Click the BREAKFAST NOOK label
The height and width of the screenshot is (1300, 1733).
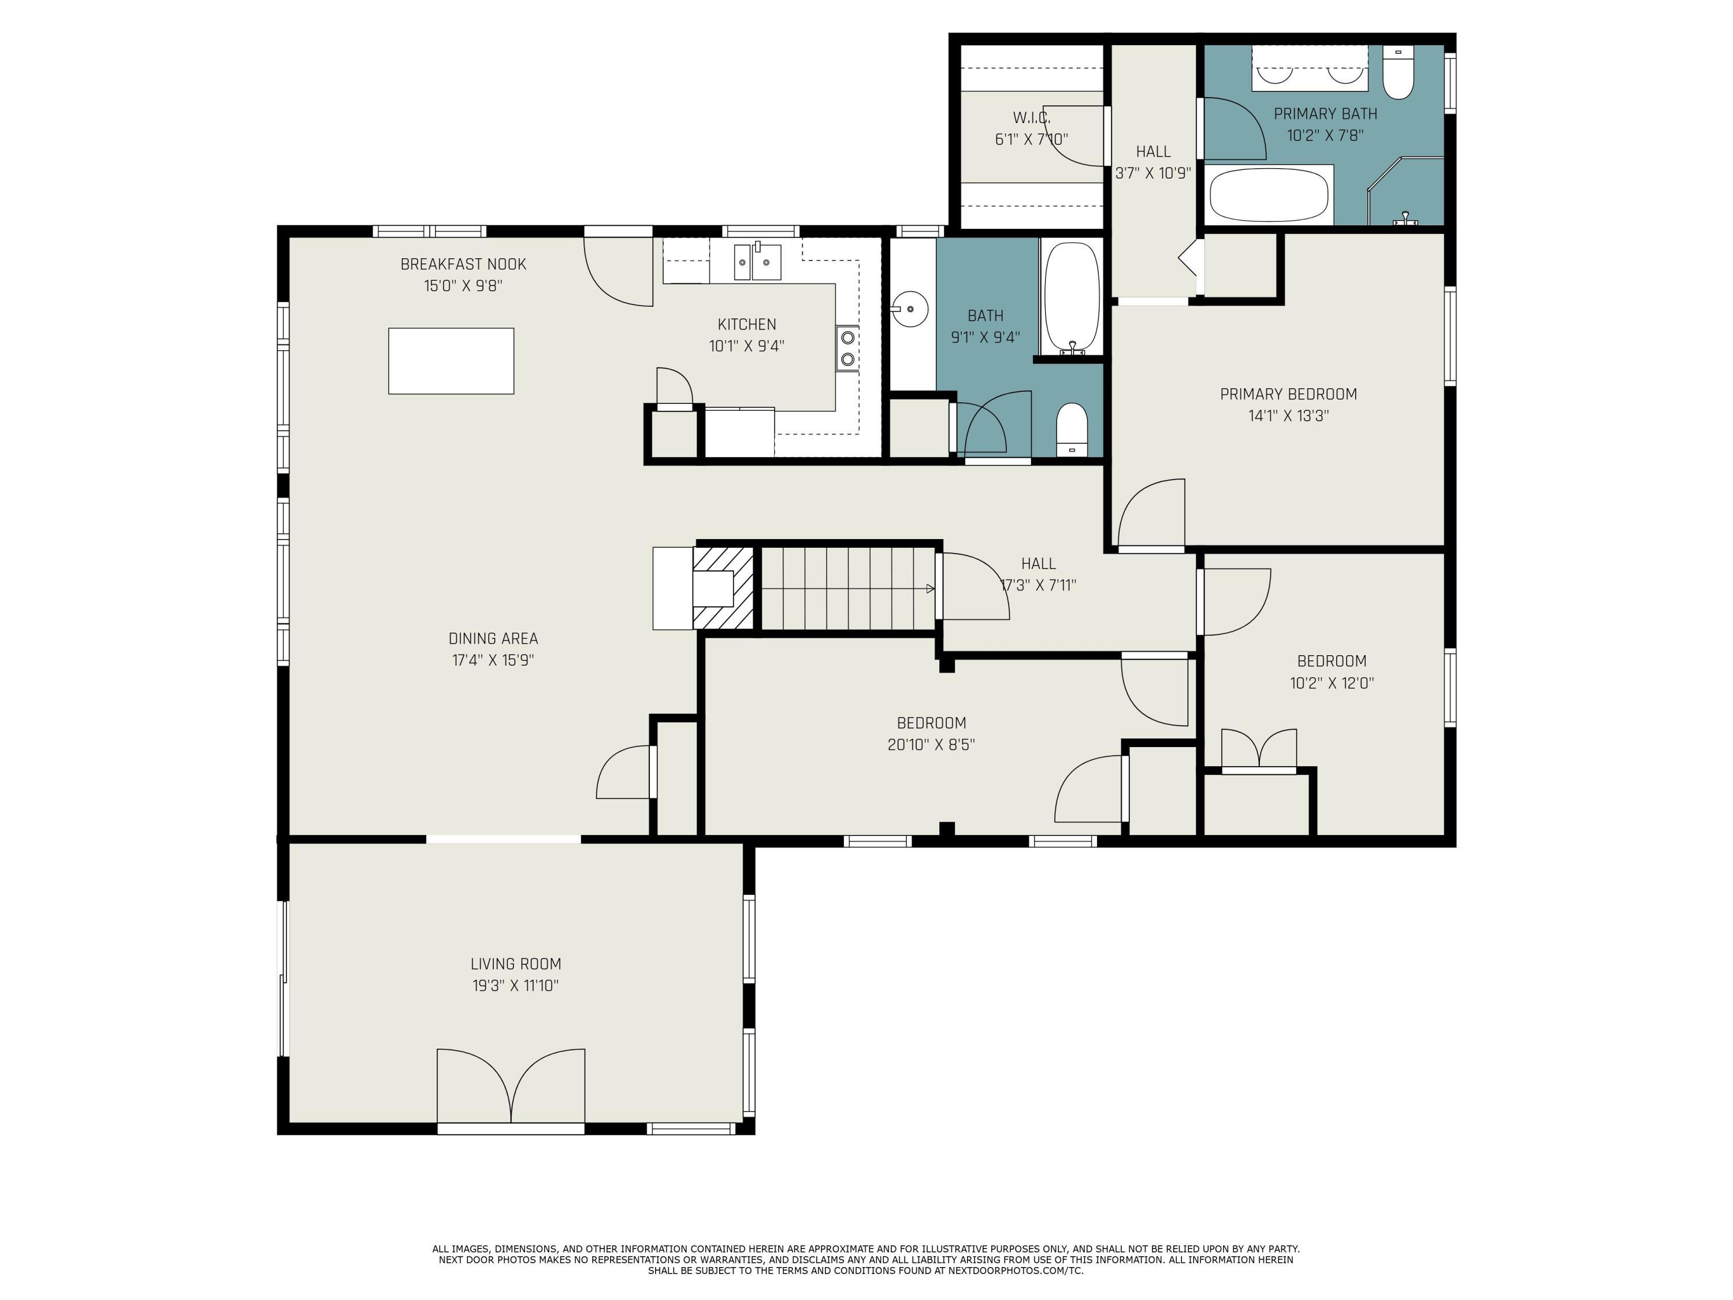pos(463,264)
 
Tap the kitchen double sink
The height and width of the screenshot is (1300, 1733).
pos(757,262)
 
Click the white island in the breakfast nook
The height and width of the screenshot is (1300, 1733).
pos(451,361)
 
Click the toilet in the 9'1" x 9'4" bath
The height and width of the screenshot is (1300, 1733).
pos(1072,429)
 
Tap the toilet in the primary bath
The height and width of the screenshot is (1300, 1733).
pos(1398,75)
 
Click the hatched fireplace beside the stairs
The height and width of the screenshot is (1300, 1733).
pos(722,588)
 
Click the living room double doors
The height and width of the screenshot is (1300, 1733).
pos(511,1087)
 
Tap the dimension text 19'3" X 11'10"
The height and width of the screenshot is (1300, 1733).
pos(515,986)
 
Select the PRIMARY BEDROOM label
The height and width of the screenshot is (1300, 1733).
pos(1288,394)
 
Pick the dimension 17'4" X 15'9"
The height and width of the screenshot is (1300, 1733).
pos(493,660)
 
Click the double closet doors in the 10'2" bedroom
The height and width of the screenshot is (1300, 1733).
pos(1259,750)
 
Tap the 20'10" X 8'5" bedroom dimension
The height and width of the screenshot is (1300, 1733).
pos(931,744)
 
